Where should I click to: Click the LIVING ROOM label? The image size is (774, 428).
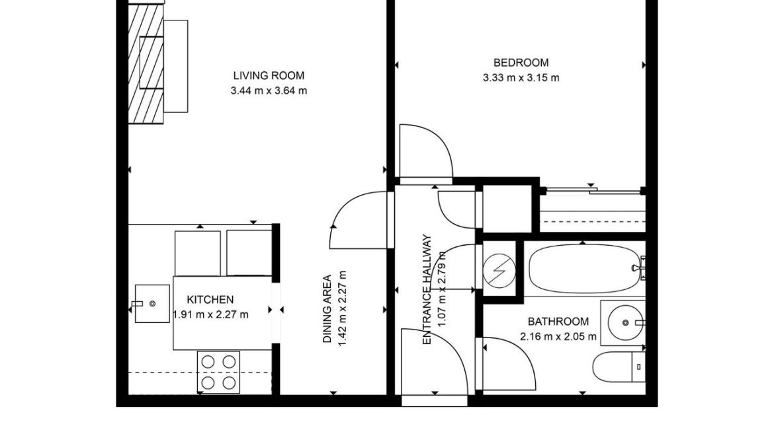269,75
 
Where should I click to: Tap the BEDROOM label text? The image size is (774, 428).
521,63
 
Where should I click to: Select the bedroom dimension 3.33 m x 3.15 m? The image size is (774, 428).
521,78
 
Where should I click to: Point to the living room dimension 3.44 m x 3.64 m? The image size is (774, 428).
269,90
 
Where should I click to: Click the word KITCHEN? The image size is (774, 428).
210,299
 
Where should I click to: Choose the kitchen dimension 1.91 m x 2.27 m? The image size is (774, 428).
211,314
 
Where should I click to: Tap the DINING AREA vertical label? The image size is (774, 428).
327,309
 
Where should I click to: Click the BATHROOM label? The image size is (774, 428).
558,322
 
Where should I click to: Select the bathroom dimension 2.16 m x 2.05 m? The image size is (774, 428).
558,337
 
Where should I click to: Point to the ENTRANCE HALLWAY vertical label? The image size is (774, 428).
427,289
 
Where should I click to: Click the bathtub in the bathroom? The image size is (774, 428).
585,269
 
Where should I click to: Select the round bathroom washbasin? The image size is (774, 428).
625,322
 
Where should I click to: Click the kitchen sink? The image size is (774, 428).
152,303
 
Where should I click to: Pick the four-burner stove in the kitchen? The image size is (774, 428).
219,372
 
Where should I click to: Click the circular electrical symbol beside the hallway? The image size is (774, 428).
499,269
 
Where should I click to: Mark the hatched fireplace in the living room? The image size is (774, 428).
146,63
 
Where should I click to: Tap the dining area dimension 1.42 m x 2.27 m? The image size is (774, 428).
343,308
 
